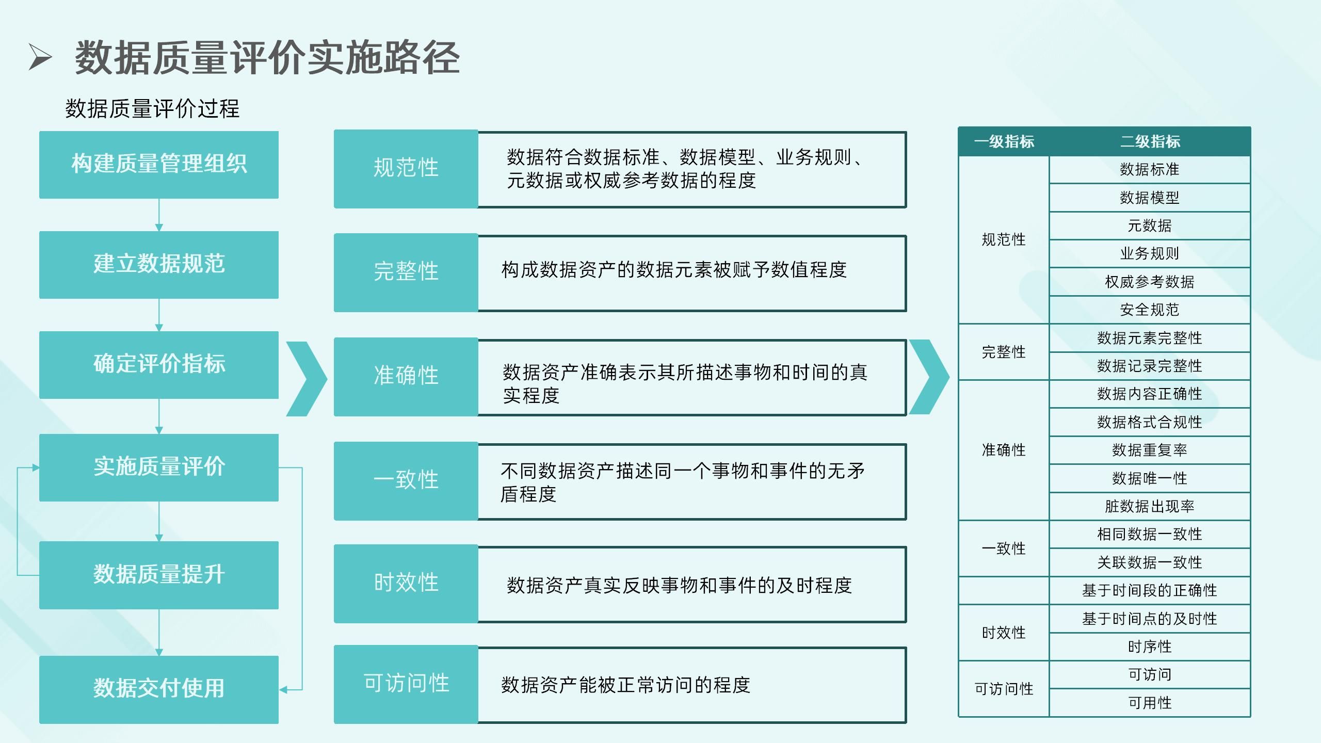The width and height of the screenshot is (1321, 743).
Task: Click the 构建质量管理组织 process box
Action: click(x=159, y=165)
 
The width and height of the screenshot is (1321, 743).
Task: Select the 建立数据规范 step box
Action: click(x=159, y=265)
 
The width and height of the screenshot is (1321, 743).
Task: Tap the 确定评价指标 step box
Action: click(x=159, y=365)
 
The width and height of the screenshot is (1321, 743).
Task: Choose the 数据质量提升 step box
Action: click(x=159, y=575)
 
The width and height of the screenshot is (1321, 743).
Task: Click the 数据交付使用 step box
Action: click(x=159, y=689)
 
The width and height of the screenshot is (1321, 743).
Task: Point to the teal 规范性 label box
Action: click(x=406, y=169)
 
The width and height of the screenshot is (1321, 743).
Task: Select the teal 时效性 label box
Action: click(x=406, y=584)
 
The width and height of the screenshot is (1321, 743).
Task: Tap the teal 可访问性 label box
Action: click(x=406, y=684)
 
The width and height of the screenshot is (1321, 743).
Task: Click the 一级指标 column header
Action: click(x=1004, y=142)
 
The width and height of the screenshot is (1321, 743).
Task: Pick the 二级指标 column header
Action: click(x=1150, y=142)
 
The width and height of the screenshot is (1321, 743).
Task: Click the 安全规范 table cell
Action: click(x=1150, y=310)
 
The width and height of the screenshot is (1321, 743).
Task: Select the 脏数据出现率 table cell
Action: click(x=1150, y=507)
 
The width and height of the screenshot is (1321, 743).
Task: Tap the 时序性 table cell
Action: click(x=1150, y=647)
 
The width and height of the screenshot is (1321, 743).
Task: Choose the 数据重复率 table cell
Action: click(x=1150, y=450)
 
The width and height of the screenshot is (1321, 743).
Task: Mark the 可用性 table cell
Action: click(x=1150, y=703)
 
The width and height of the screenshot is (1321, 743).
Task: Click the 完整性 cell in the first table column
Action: click(x=1004, y=352)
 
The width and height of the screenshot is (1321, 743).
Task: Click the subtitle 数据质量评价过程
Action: click(x=152, y=109)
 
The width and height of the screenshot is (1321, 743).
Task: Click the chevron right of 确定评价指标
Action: click(x=308, y=379)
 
